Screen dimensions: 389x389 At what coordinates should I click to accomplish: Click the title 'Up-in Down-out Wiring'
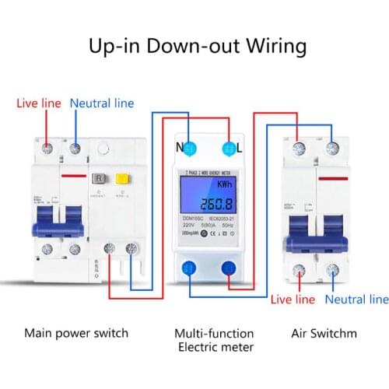[x=194, y=46]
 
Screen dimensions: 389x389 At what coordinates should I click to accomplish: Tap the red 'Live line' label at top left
[x=39, y=103]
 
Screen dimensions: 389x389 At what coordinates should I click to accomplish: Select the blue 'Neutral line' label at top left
[x=102, y=103]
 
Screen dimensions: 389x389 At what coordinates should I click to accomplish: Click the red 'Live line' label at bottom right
[x=293, y=299]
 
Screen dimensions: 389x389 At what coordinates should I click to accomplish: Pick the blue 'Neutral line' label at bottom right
[x=356, y=299]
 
